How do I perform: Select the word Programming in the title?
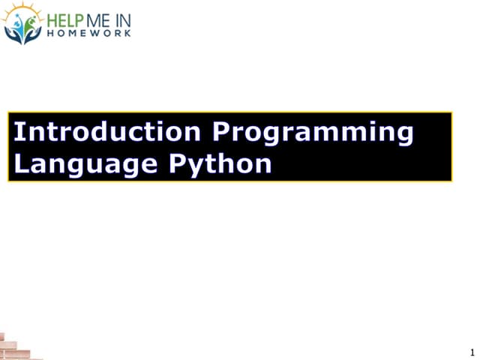click(313, 133)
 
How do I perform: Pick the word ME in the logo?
click(98, 20)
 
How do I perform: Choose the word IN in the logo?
click(122, 20)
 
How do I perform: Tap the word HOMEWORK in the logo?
click(88, 34)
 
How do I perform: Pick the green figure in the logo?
click(29, 23)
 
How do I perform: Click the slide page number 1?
click(472, 352)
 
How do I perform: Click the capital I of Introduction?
click(19, 132)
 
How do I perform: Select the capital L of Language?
click(22, 163)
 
